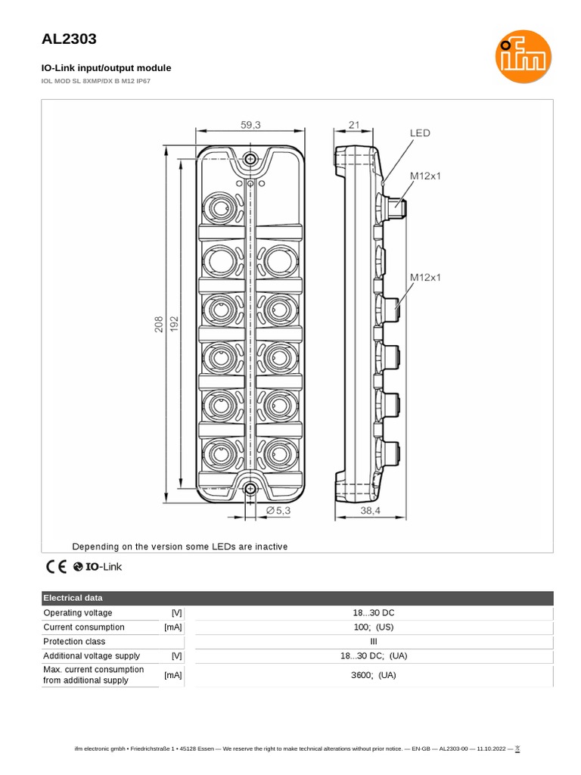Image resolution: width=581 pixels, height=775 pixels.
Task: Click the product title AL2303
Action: point(68,39)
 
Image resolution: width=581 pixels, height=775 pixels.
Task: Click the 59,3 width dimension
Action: point(251,124)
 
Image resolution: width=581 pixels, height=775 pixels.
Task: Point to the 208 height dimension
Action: point(160,325)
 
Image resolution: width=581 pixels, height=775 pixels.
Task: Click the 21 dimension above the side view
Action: point(354,124)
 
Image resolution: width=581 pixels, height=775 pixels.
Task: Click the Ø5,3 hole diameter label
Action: point(278,511)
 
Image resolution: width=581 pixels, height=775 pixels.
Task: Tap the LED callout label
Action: point(420,133)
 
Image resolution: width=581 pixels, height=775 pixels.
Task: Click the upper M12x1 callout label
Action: point(425,176)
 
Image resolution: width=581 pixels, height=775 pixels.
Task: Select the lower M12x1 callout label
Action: point(425,277)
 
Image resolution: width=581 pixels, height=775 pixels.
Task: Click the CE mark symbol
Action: point(56,566)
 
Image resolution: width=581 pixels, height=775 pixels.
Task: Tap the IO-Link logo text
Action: point(103,566)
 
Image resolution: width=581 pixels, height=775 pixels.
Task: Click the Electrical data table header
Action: point(73,598)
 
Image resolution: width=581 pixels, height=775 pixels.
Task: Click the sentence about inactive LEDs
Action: point(179,546)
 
